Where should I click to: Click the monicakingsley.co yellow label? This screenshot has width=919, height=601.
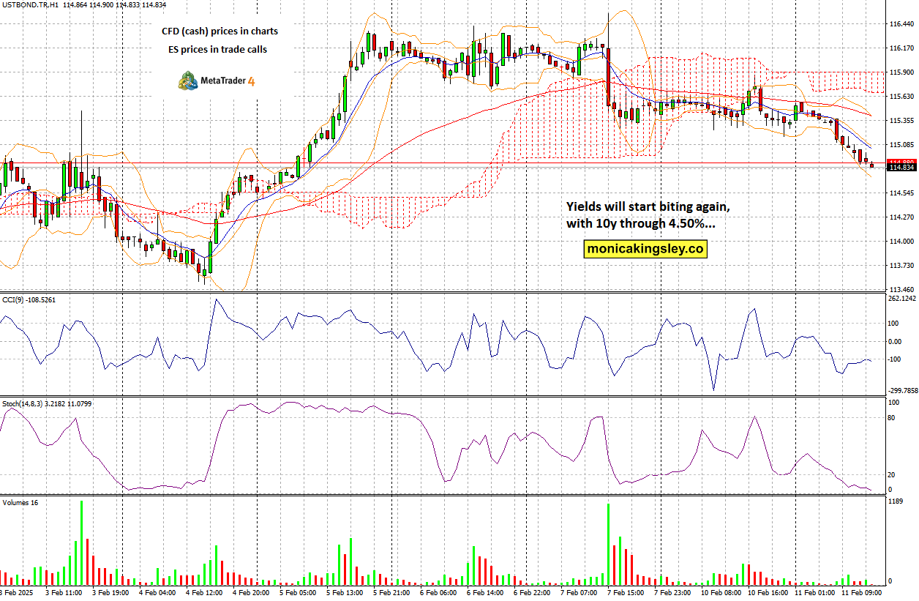point(646,249)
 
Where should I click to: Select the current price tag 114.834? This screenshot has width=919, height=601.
point(901,168)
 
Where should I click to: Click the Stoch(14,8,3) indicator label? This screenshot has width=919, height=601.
point(23,403)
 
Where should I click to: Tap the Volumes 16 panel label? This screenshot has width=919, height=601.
point(20,503)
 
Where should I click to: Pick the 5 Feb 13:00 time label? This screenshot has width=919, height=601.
point(344,591)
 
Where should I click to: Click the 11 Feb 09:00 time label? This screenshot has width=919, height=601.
point(860,591)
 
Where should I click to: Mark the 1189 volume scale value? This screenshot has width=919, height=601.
point(896,502)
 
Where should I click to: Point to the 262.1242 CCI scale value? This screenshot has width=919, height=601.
point(901,298)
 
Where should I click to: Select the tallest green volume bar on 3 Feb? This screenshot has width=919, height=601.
point(81,542)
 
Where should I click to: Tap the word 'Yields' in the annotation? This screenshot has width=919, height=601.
point(584,207)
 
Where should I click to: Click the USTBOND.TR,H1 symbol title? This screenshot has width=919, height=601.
point(29,4)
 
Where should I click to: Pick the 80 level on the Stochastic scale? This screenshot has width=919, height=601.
point(891,418)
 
